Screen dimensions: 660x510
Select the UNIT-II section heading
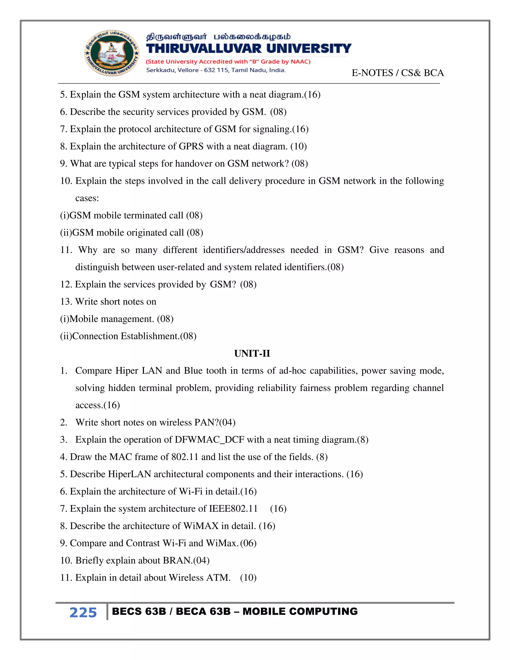point(252,353)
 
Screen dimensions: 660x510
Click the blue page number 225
point(83,613)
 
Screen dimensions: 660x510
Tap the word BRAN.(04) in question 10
point(186,560)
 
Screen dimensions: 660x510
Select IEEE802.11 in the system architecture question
point(233,509)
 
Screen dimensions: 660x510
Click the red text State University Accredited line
point(228,62)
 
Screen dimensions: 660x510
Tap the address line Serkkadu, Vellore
point(216,70)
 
